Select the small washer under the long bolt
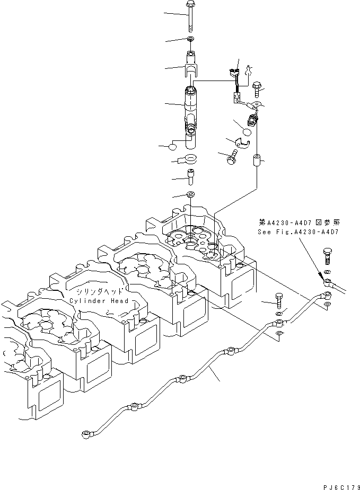point(190,40)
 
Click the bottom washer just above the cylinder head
point(190,194)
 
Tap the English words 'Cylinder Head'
point(99,301)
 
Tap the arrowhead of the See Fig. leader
point(321,275)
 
